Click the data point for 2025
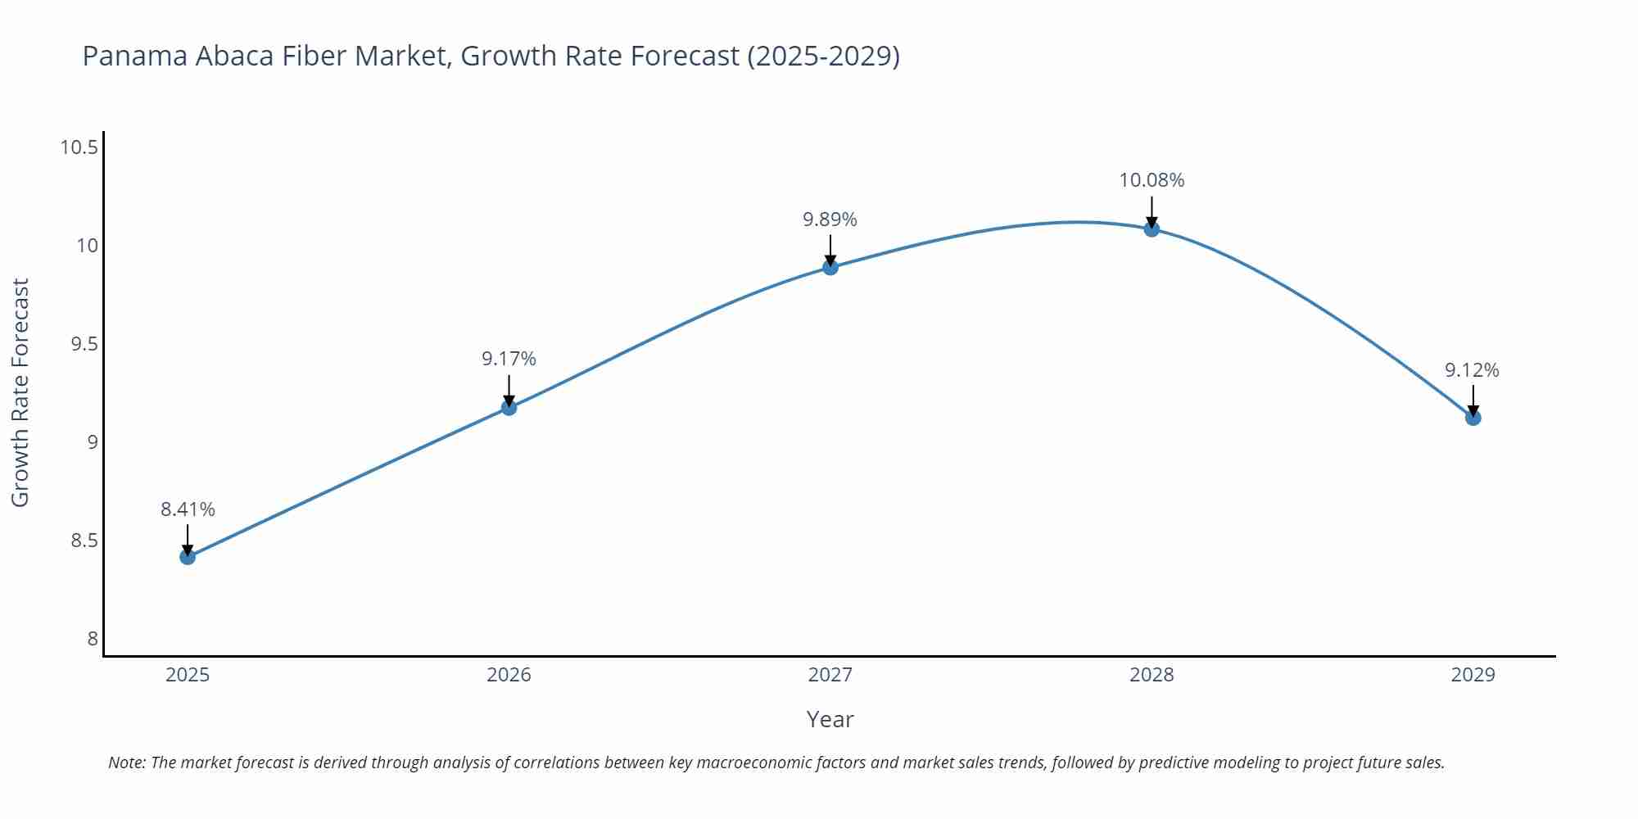(x=188, y=557)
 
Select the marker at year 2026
(x=509, y=407)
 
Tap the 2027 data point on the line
(x=830, y=267)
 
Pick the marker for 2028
(x=1152, y=229)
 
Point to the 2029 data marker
(x=1473, y=418)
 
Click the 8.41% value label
(x=188, y=509)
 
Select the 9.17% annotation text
(x=509, y=359)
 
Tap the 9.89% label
(x=830, y=219)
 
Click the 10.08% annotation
(x=1152, y=180)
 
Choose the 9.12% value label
(x=1472, y=370)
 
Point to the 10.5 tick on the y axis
(x=79, y=147)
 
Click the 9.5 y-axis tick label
(x=84, y=344)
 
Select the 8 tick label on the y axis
(x=93, y=639)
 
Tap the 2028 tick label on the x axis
(x=1152, y=675)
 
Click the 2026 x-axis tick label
(x=509, y=675)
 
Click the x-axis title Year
(x=830, y=719)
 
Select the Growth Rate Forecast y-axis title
(x=20, y=392)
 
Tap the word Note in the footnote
(x=126, y=762)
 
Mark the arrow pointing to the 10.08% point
(x=1152, y=211)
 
